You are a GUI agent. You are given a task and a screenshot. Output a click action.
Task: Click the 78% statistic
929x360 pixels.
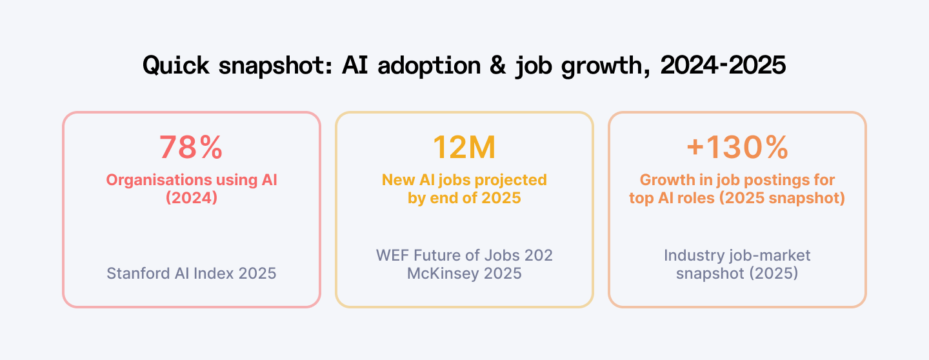tap(191, 148)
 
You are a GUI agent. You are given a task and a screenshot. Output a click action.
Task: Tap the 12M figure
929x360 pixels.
tap(464, 148)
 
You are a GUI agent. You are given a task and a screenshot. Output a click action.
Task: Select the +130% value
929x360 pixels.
tap(737, 148)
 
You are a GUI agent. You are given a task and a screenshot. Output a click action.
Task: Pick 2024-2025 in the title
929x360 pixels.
tap(723, 66)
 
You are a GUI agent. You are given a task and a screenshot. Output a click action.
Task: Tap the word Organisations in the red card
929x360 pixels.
tap(151, 180)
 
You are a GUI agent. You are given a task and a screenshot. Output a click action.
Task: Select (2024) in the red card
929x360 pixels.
tap(192, 198)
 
